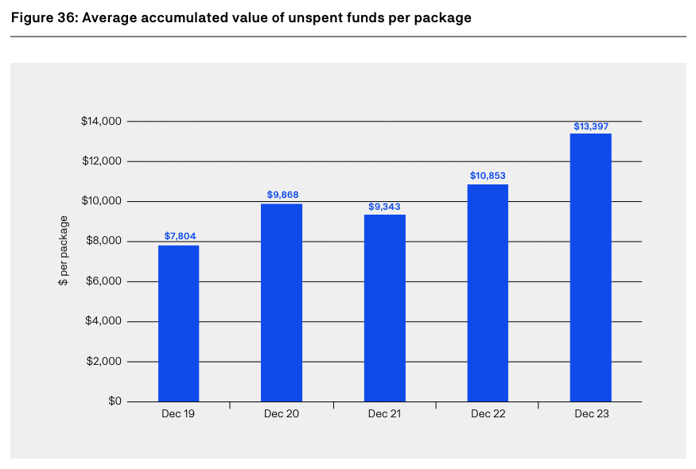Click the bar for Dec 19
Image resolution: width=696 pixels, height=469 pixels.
pyautogui.click(x=178, y=324)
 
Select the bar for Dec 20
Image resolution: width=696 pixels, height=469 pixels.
pyautogui.click(x=282, y=303)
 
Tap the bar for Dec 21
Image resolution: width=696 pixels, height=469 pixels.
pyautogui.click(x=385, y=308)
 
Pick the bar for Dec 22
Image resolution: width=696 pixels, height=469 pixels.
pyautogui.click(x=488, y=293)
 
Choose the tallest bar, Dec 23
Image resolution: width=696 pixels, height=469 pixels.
pyautogui.click(x=590, y=268)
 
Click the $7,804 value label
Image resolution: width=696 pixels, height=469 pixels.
pyautogui.click(x=179, y=236)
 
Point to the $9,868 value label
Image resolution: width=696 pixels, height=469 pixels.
pyautogui.click(x=282, y=195)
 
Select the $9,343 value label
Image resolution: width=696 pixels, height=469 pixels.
pyautogui.click(x=385, y=206)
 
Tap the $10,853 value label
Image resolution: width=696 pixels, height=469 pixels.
pyautogui.click(x=488, y=176)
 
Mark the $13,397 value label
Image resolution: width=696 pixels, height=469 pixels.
pyautogui.click(x=591, y=126)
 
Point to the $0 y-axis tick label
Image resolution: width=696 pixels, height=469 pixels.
pyautogui.click(x=114, y=401)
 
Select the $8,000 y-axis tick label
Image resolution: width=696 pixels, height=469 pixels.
pyautogui.click(x=103, y=242)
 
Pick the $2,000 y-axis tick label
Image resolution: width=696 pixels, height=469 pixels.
pyautogui.click(x=103, y=362)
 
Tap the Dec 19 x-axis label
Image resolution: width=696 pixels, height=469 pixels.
pyautogui.click(x=179, y=414)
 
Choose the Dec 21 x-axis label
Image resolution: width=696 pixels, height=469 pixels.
pyautogui.click(x=385, y=414)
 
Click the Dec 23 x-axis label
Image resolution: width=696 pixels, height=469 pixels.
pyautogui.click(x=591, y=414)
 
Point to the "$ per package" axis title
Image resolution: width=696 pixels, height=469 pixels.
pyautogui.click(x=63, y=252)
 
